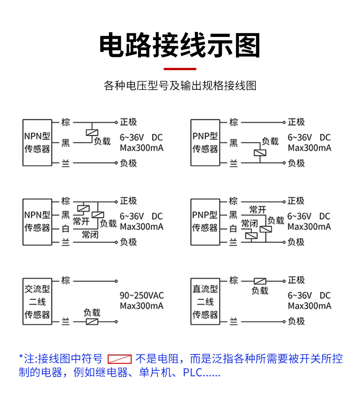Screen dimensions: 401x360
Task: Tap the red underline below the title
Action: point(180,69)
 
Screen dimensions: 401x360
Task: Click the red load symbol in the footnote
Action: point(119,359)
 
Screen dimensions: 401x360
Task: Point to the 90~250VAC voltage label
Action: point(142,295)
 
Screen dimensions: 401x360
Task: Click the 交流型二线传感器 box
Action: point(37,301)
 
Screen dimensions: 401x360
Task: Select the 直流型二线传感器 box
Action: point(205,301)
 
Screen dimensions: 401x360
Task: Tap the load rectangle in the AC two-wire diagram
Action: point(92,322)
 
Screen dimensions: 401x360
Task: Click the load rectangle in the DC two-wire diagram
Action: point(260,281)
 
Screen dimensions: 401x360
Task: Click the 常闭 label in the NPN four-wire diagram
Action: point(90,235)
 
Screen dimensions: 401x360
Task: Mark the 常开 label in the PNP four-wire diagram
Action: point(257,210)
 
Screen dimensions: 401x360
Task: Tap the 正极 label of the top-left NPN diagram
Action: point(129,122)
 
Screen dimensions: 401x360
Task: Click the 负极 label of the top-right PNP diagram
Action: point(296,163)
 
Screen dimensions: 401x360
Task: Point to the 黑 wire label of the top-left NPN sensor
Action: point(66,143)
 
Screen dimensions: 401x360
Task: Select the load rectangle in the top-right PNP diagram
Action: point(260,153)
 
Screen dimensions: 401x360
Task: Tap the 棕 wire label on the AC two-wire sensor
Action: point(66,280)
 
